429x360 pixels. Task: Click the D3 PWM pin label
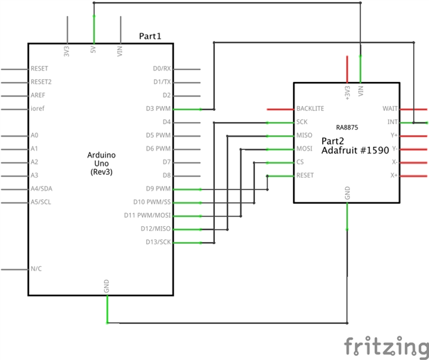click(x=158, y=109)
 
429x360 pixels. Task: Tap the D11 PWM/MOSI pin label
click(x=148, y=216)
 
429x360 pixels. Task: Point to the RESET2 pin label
click(x=41, y=82)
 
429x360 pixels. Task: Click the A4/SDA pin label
click(x=42, y=189)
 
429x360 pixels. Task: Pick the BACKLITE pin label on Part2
click(x=310, y=109)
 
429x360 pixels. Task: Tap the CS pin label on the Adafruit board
click(x=299, y=162)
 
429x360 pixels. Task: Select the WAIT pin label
click(x=389, y=109)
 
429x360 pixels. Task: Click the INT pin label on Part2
click(x=392, y=122)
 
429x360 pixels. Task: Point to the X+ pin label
click(x=394, y=175)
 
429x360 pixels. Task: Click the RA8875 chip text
click(x=347, y=128)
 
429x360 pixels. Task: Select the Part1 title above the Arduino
click(x=150, y=35)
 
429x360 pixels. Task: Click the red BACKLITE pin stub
click(x=280, y=109)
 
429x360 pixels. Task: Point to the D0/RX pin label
click(x=161, y=69)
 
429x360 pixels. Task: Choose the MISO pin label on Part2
click(x=304, y=135)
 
